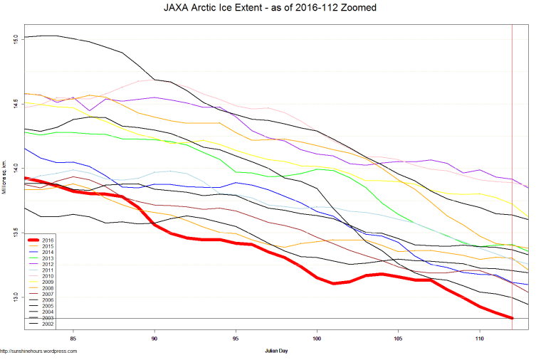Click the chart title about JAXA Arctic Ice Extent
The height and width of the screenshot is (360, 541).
point(270,8)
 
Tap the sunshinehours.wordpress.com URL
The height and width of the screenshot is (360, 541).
point(38,351)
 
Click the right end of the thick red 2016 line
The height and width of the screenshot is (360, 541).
point(512,318)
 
